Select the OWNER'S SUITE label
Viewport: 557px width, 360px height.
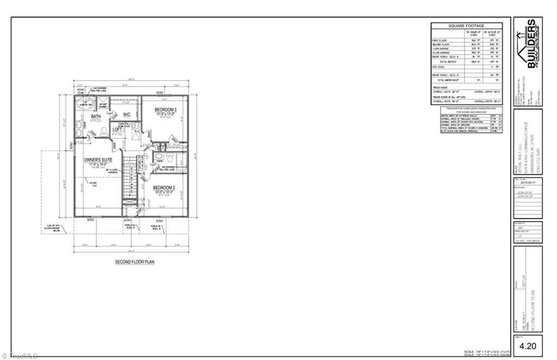[x=98, y=160]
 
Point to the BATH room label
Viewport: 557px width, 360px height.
[x=96, y=116]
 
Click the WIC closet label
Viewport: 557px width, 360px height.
[x=127, y=115]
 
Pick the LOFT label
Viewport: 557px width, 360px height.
[x=117, y=130]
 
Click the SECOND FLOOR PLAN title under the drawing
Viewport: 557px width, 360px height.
[x=134, y=262]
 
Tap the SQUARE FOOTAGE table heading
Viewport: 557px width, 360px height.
[x=466, y=26]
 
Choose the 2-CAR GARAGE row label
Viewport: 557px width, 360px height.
[x=440, y=52]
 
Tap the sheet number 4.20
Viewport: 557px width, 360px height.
[x=528, y=345]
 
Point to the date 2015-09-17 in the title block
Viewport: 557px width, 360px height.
[x=528, y=184]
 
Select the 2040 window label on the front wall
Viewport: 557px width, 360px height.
[x=128, y=221]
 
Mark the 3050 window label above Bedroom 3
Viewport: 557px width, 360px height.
[x=160, y=93]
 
